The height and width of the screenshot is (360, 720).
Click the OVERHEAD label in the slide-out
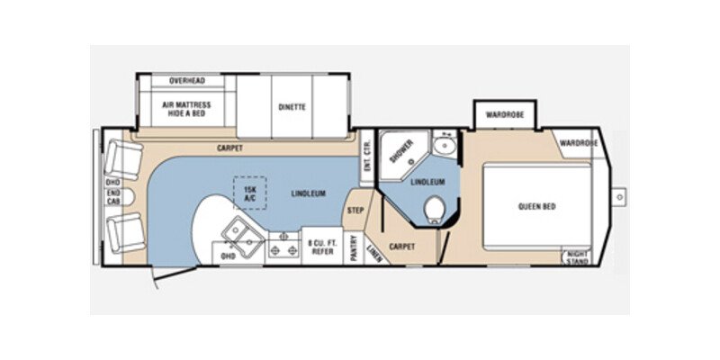click(x=187, y=81)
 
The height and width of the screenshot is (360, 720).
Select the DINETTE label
click(x=292, y=107)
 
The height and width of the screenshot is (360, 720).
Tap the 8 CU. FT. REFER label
click(x=321, y=247)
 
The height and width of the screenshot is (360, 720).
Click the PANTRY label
click(x=355, y=247)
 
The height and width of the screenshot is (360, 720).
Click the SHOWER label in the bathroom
click(x=400, y=151)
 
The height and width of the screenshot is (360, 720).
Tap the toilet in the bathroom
click(x=436, y=208)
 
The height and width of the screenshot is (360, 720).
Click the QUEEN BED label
click(x=536, y=206)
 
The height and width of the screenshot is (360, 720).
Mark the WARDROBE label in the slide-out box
click(x=505, y=115)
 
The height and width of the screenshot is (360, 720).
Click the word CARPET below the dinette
click(x=231, y=147)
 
